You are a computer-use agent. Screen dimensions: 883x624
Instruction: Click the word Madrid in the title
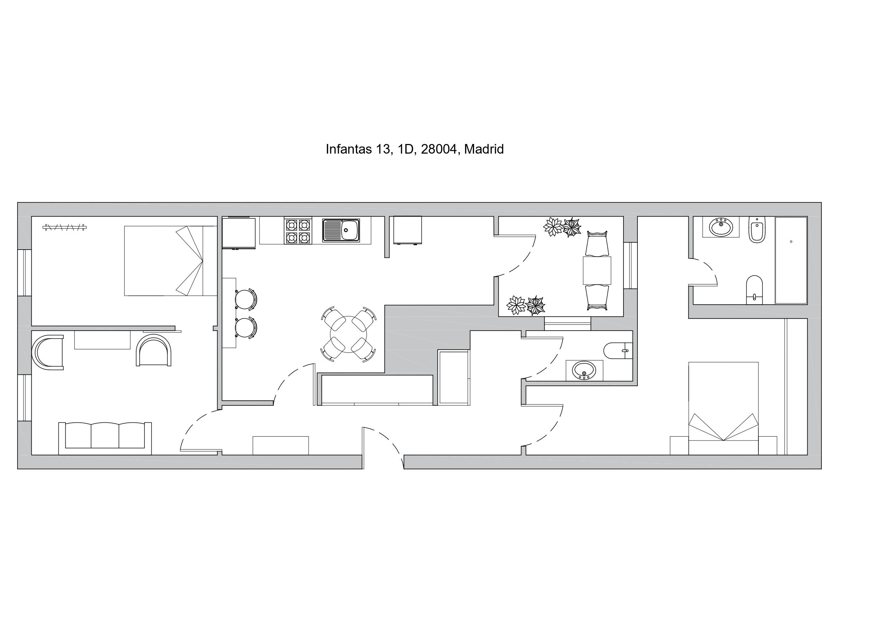coord(484,149)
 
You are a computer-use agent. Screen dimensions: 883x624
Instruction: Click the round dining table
coord(348,334)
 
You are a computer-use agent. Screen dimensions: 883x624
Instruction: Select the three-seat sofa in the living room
coord(105,438)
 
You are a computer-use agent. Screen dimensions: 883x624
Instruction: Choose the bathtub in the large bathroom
coord(791,260)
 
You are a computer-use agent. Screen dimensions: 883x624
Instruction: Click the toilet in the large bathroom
coord(754,290)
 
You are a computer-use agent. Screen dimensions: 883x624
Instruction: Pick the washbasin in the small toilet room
coord(584,370)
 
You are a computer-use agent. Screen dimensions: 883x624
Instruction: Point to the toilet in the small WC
coord(618,351)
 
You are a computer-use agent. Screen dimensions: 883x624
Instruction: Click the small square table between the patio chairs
coord(597,270)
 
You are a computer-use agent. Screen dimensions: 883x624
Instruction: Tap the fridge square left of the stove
coord(239,233)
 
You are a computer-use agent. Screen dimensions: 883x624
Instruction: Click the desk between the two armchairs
coord(102,340)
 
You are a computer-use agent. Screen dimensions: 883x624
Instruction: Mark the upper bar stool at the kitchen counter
coord(245,299)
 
